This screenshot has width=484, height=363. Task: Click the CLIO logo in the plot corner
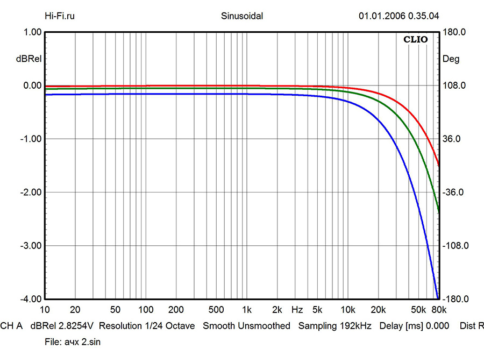tap(415, 39)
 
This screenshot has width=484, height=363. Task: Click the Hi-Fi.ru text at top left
tap(60, 16)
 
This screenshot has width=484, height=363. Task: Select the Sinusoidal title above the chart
tap(242, 16)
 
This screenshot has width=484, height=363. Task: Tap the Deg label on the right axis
tap(451, 59)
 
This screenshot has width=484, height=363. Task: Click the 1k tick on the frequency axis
tap(247, 310)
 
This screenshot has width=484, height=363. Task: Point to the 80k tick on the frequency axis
tap(439, 310)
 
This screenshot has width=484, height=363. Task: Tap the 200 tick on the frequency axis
tap(176, 310)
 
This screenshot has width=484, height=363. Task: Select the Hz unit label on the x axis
tap(297, 310)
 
